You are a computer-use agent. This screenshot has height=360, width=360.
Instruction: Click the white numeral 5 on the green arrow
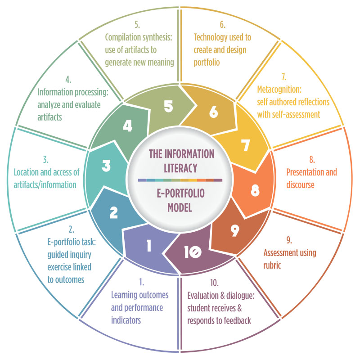168,107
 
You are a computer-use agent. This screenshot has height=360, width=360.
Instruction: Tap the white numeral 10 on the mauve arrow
193,252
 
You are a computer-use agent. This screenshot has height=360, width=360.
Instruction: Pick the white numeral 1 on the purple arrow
149,245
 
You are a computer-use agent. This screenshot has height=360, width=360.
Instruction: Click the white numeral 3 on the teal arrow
106,166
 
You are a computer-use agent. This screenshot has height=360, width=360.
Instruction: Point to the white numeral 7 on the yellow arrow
245,145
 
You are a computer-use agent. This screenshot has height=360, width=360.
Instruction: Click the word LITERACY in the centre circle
180,168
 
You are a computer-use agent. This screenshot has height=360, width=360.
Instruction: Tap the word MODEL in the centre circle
180,207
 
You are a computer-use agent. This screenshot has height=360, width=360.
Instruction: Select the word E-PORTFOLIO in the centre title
181,193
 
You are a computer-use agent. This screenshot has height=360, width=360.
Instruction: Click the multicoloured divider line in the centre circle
180,180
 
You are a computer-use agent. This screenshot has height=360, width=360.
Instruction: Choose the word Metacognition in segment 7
279,90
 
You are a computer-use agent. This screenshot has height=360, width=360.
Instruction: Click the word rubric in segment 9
272,265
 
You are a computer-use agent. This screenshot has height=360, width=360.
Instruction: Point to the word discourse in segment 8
300,184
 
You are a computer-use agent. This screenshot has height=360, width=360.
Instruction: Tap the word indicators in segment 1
126,320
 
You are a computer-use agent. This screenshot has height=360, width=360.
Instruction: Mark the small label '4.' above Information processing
68,80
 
